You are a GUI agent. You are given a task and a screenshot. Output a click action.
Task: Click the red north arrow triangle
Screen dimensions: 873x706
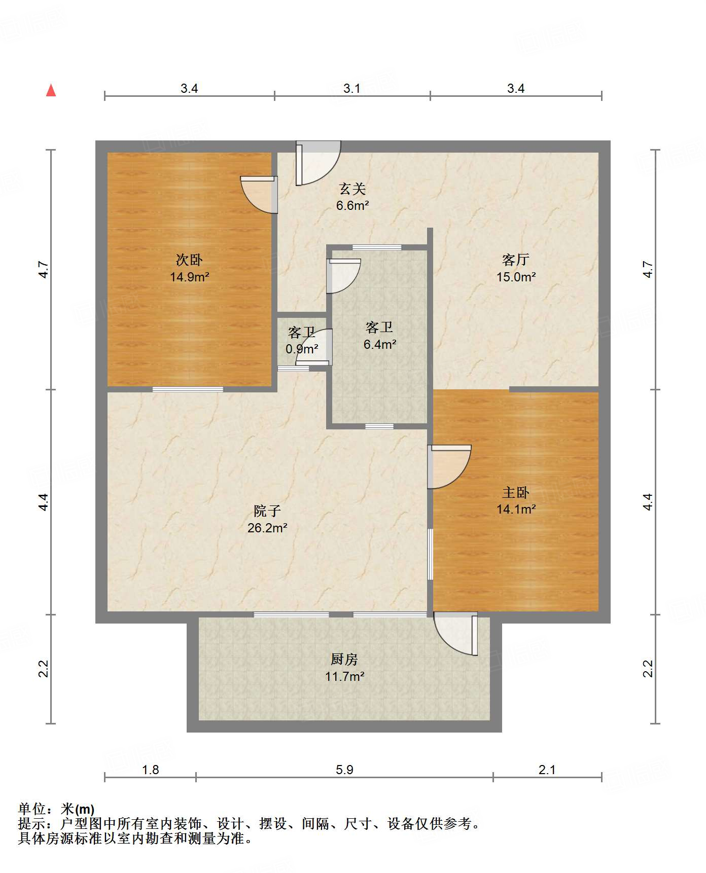(51, 90)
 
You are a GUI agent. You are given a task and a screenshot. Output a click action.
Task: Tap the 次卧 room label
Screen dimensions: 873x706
(189, 260)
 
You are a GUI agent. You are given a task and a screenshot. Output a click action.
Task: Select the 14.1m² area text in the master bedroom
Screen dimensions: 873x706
(516, 509)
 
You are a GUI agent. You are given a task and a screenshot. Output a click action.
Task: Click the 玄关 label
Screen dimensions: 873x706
(352, 189)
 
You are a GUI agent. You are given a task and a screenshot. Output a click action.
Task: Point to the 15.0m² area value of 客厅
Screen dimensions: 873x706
(516, 277)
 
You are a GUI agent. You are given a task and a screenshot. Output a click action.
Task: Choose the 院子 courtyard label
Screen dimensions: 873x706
(267, 511)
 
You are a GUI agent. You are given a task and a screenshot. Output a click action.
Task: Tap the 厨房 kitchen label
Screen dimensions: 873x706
(344, 659)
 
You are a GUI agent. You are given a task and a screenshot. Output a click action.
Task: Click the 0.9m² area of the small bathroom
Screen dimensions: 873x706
(302, 349)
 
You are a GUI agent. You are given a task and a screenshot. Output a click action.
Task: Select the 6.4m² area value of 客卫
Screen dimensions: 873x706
(380, 344)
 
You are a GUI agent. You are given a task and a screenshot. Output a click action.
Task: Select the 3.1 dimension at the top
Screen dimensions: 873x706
(351, 89)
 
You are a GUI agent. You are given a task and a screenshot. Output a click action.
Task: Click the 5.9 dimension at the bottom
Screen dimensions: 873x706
(344, 770)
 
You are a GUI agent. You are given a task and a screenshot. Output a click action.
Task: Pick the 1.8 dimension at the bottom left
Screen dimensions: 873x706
(151, 770)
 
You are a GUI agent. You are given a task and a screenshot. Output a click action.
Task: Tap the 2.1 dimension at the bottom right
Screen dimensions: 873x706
(547, 770)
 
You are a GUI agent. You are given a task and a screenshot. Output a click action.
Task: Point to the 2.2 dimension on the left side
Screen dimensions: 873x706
(44, 669)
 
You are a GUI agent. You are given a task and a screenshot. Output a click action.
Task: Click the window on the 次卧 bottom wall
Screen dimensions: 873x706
(188, 389)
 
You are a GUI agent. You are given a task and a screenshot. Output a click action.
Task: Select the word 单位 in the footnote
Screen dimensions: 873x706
(32, 809)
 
